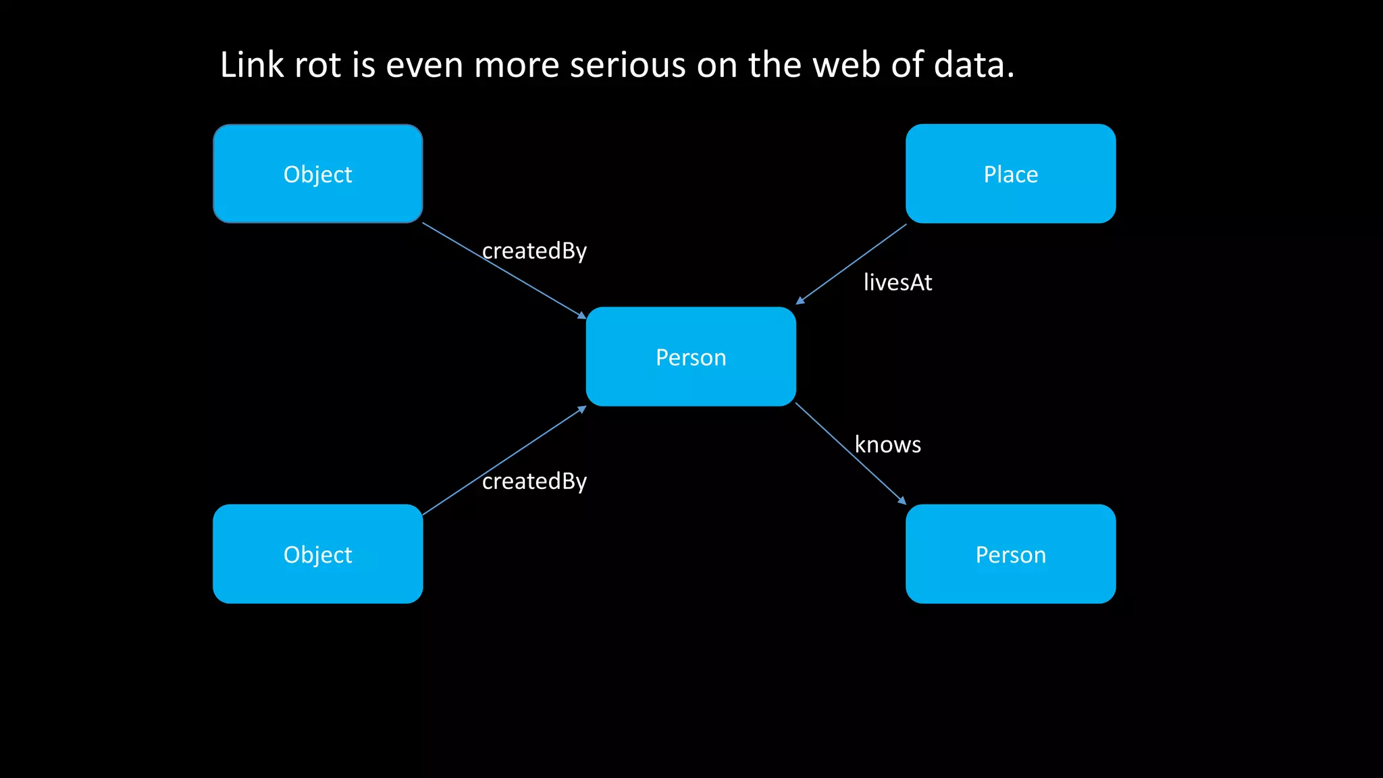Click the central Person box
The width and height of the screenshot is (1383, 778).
pyautogui.click(x=691, y=357)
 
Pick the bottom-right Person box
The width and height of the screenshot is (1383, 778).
pyautogui.click(x=1010, y=554)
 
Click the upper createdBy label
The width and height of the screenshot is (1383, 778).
pyautogui.click(x=534, y=251)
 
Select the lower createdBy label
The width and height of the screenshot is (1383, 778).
pyautogui.click(x=534, y=482)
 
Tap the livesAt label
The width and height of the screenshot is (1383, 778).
pyautogui.click(x=897, y=282)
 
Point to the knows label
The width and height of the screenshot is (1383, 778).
pyautogui.click(x=887, y=444)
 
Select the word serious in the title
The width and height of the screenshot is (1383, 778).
pyautogui.click(x=627, y=66)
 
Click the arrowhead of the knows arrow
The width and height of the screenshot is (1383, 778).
pyautogui.click(x=902, y=501)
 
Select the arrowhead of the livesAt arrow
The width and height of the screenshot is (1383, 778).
pyautogui.click(x=800, y=301)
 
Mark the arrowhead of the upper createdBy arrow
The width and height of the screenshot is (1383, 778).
pyautogui.click(x=582, y=315)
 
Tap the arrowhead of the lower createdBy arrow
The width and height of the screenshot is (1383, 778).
pyautogui.click(x=582, y=409)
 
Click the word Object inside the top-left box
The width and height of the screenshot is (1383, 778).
pyautogui.click(x=317, y=174)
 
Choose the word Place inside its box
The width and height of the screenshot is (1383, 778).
pyautogui.click(x=1010, y=174)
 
